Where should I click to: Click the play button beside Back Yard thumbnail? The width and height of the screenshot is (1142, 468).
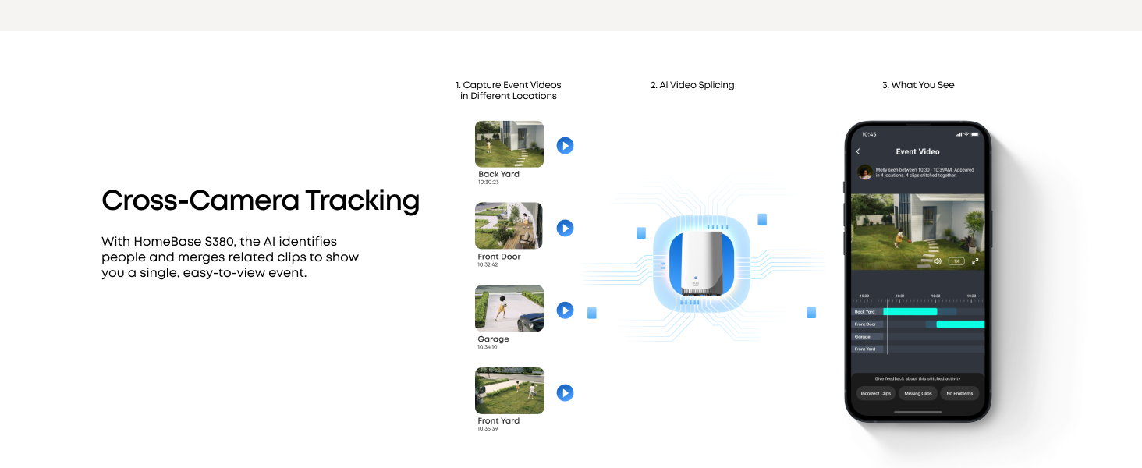tap(565, 146)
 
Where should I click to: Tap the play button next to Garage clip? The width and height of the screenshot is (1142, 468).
tap(565, 310)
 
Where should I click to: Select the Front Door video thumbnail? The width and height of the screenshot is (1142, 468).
tap(509, 226)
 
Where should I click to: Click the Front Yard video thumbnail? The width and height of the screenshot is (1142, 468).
tap(509, 391)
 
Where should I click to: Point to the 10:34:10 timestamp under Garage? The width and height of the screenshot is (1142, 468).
tap(488, 347)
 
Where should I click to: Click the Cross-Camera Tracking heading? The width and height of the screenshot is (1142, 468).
tap(261, 201)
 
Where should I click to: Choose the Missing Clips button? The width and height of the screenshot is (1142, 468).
tap(918, 393)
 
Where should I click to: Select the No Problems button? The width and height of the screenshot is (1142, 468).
tap(959, 393)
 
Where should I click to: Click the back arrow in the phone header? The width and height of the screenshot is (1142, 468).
tap(858, 151)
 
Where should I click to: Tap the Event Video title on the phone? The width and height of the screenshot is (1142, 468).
tap(917, 151)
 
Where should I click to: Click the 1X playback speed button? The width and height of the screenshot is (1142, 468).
tap(956, 261)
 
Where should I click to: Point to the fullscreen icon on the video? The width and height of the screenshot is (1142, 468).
tap(975, 261)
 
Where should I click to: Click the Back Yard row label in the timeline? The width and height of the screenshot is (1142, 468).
tap(865, 312)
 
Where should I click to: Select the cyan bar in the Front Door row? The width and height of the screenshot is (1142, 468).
tap(959, 324)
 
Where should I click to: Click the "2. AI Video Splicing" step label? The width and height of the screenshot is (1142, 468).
tap(692, 85)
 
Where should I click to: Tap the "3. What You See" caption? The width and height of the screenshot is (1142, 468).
tap(918, 85)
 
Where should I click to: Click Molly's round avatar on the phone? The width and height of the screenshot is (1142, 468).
tap(864, 172)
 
